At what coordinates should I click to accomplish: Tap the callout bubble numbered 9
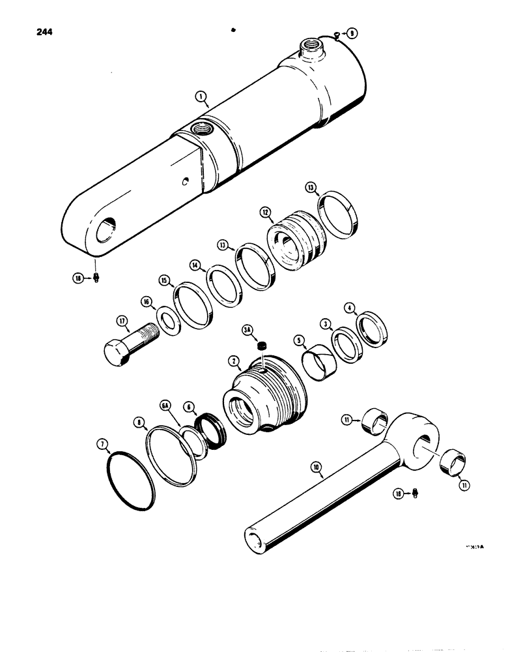[x=352, y=33]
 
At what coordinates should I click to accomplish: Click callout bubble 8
[x=139, y=422]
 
